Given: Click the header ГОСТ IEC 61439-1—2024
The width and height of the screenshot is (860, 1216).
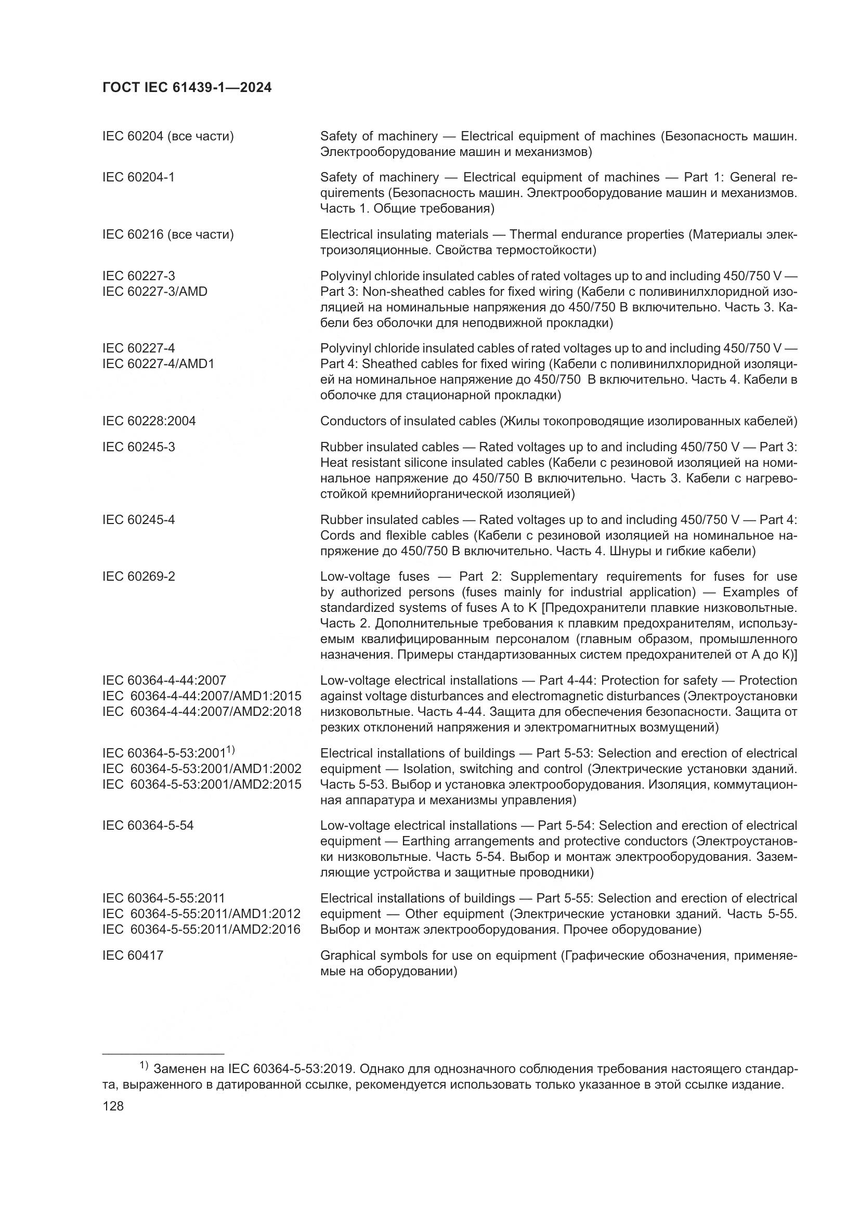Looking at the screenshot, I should [x=187, y=88].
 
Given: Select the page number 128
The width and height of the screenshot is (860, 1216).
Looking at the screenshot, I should [x=113, y=1106].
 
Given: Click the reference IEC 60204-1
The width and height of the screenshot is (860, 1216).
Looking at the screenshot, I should [x=138, y=177].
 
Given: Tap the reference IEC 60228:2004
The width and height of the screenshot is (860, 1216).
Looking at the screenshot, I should [x=149, y=421].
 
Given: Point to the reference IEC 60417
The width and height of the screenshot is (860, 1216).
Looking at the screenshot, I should [x=133, y=956].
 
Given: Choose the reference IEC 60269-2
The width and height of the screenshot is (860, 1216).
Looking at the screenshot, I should [x=138, y=576].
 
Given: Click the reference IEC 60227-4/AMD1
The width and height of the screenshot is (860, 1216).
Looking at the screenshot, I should [x=158, y=364].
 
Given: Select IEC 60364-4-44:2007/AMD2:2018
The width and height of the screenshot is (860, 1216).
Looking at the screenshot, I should [x=202, y=711].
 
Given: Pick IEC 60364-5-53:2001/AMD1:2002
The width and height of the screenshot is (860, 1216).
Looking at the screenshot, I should [x=202, y=768].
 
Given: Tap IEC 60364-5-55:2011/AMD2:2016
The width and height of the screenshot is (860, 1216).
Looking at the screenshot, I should [x=201, y=930].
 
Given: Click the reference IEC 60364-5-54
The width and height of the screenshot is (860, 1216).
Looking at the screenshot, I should [x=148, y=826].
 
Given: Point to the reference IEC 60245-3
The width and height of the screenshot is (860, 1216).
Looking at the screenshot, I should [x=138, y=447].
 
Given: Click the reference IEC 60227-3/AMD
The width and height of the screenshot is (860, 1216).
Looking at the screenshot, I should [x=154, y=291].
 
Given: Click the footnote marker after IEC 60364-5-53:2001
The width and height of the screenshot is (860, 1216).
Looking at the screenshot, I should [x=230, y=750].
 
